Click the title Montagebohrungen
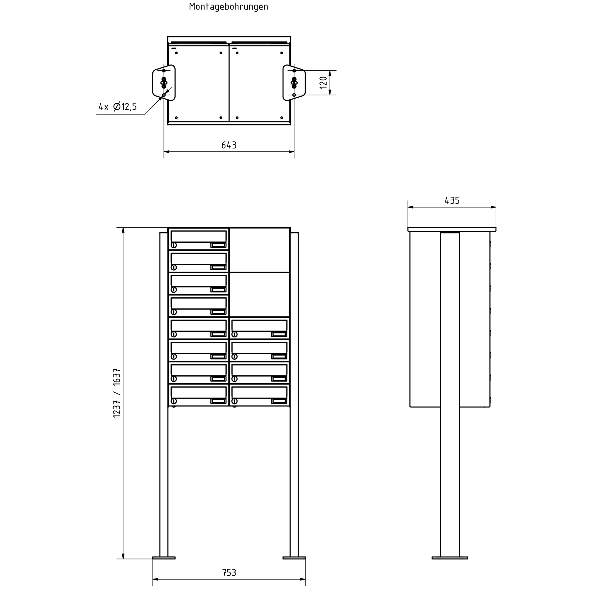[229, 7]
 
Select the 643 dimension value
[229, 145]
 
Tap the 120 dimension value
[324, 82]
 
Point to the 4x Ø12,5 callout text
[118, 107]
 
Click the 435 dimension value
[452, 201]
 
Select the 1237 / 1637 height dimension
[117, 393]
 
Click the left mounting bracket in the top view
[163, 83]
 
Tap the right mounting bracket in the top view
[294, 83]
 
